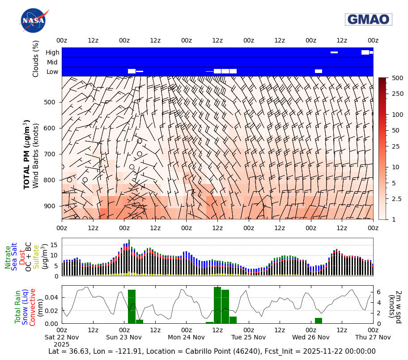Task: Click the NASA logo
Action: [x=33, y=21]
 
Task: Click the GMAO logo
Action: [x=368, y=19]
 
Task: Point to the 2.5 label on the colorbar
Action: [x=396, y=198]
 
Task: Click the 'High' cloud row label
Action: [x=52, y=52]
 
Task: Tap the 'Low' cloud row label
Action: [x=53, y=72]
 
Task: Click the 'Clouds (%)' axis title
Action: [x=36, y=59]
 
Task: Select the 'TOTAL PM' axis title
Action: [x=27, y=154]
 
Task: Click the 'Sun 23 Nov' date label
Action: [x=124, y=337]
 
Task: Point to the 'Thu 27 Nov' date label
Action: [x=373, y=337]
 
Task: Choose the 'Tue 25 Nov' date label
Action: [x=248, y=337]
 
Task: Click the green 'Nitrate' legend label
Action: [x=8, y=257]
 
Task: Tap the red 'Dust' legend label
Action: [x=22, y=257]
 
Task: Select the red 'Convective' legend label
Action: [x=33, y=307]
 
